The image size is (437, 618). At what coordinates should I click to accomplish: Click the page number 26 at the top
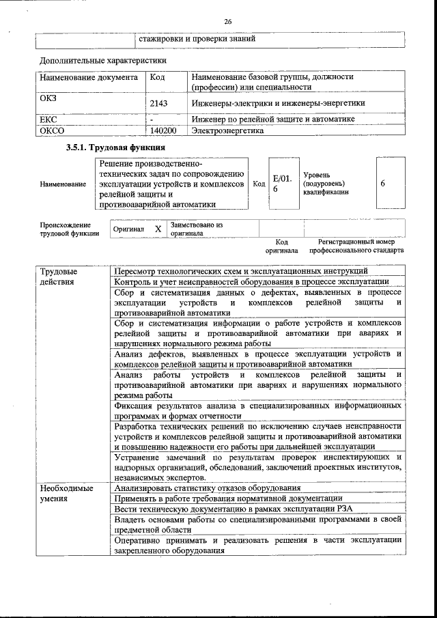coord(227,22)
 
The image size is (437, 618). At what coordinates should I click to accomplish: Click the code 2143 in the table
coord(158,103)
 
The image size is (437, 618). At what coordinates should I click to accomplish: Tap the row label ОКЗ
coord(48,98)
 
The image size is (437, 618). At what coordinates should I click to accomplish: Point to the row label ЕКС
coord(48,120)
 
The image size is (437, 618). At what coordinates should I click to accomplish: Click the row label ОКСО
coord(52,130)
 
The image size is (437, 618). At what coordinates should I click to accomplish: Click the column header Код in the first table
coord(157,79)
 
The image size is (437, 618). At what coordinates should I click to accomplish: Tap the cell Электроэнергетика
coord(227,130)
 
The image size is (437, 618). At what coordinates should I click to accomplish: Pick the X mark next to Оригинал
coord(158,229)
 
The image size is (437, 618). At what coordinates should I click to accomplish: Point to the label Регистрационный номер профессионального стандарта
coord(356,246)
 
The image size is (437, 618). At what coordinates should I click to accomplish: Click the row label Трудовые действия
coord(59,276)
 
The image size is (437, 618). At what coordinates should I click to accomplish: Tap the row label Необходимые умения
coord(63,493)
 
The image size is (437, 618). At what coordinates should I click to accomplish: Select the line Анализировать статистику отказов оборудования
coord(208,488)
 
